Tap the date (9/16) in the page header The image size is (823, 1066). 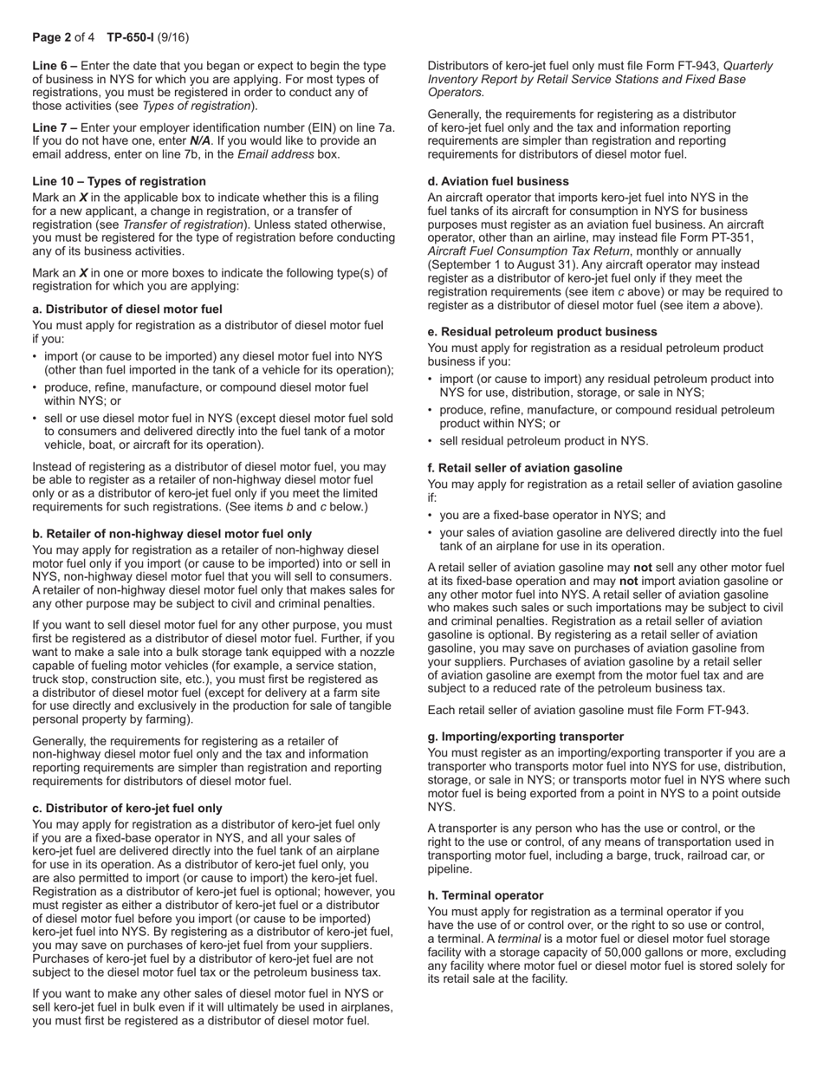pos(173,37)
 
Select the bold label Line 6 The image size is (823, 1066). pos(55,66)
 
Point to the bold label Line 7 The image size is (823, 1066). pos(55,127)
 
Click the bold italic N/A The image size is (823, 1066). pos(200,141)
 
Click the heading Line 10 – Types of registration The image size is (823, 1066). pos(119,181)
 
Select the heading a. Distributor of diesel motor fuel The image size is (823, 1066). pos(126,309)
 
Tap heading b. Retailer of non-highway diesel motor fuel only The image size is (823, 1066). pos(172,534)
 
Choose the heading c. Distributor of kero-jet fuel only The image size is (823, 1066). pos(126,809)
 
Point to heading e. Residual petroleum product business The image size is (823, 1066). pos(542,332)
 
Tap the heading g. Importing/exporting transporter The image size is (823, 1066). pos(526,737)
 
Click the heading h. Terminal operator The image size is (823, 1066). pos(485,895)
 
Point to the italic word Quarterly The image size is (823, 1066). pos(748,66)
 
